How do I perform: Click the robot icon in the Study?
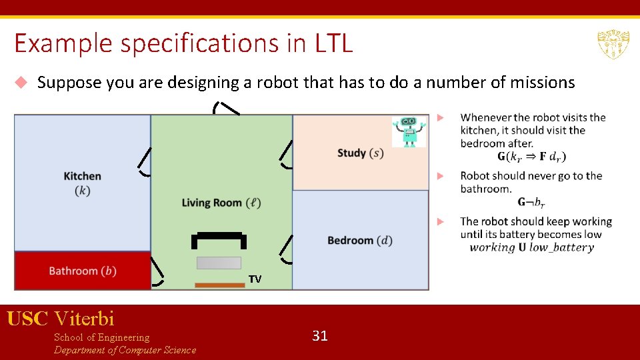[x=409, y=132]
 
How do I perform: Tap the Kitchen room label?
[x=83, y=183]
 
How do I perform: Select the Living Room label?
[x=221, y=203]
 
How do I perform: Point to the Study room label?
[x=360, y=153]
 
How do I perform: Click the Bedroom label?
[x=359, y=240]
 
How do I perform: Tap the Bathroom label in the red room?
[x=83, y=271]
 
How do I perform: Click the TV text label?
[x=255, y=279]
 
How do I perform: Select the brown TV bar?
[x=219, y=285]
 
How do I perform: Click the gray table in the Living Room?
[x=219, y=263]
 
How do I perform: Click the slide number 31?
[x=320, y=335]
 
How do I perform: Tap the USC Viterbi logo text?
[x=61, y=319]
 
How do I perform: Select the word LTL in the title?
[x=329, y=44]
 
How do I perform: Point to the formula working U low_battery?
[x=531, y=247]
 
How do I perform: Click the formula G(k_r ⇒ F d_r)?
[x=531, y=157]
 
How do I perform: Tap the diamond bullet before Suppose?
[x=21, y=83]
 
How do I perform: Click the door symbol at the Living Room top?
[x=227, y=107]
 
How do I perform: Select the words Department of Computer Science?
[x=125, y=350]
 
